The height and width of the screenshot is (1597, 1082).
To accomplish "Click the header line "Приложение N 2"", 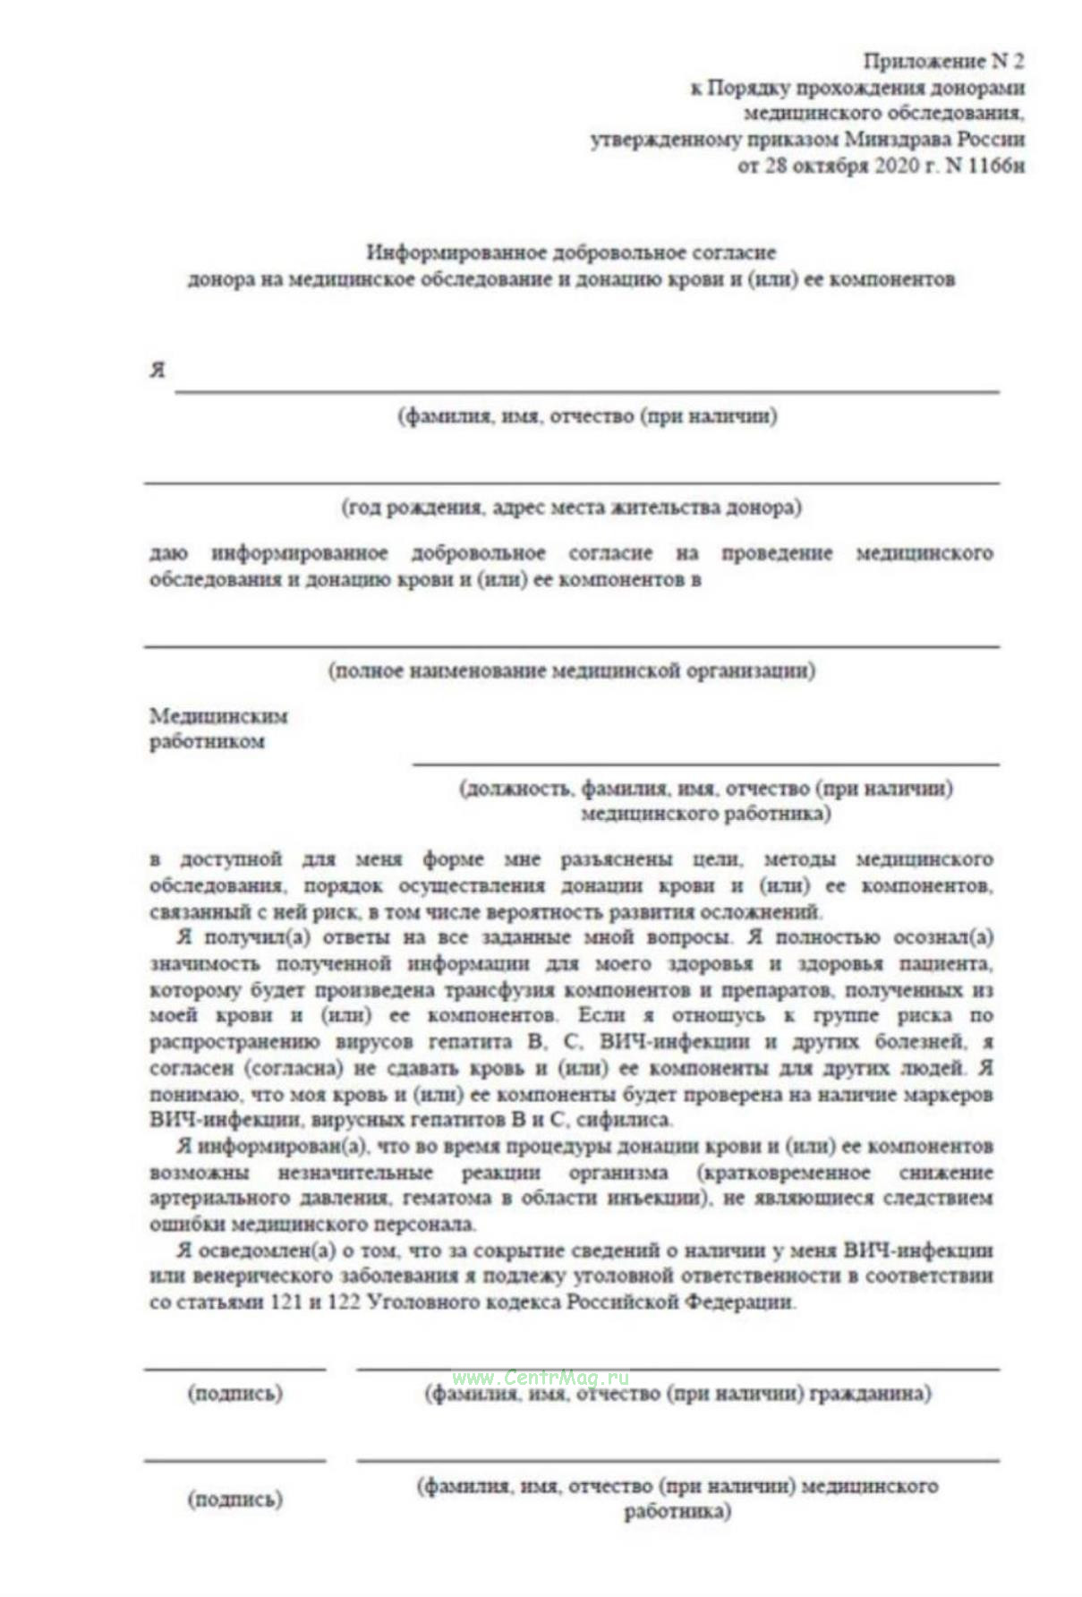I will [942, 61].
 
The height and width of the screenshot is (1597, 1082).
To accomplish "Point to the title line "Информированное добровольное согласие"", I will [571, 252].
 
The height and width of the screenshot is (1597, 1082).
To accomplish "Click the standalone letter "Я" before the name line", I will [158, 370].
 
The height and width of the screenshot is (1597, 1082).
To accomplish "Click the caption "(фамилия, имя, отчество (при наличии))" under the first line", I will [587, 416].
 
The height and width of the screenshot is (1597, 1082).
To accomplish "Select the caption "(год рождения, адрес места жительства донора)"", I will [571, 508].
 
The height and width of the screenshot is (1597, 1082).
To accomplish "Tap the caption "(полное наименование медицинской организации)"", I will [571, 670].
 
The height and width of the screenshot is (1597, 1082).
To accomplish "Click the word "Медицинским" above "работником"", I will [218, 716].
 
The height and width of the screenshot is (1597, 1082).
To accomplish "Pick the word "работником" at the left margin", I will [207, 741].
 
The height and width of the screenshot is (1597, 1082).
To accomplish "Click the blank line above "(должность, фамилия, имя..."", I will [705, 764].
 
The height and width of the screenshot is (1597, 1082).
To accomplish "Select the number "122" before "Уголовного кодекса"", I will [344, 1302].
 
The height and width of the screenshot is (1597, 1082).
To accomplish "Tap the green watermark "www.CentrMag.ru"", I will [541, 1378].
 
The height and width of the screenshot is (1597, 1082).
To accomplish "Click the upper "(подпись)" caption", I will [234, 1394].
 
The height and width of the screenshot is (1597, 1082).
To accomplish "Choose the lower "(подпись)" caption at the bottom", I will [234, 1499].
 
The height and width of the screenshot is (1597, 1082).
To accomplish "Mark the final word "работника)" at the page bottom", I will [677, 1512].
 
